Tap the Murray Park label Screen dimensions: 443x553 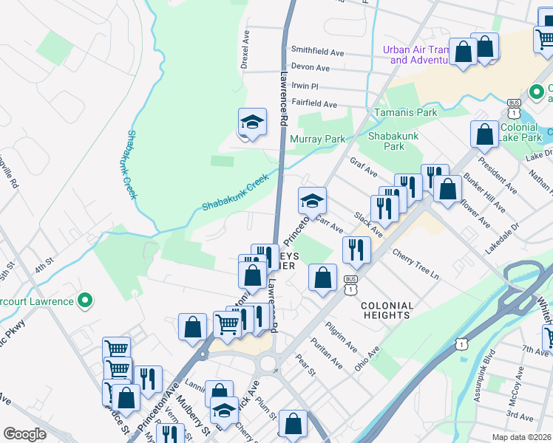click(318, 139)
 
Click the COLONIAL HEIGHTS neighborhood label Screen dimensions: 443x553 click(387, 310)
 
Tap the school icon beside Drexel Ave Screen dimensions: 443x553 click(252, 122)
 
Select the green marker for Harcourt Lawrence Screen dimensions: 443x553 click(85, 301)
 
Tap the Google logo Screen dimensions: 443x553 click(25, 434)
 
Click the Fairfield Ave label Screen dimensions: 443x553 click(313, 105)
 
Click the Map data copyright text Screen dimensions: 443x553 click(520, 437)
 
